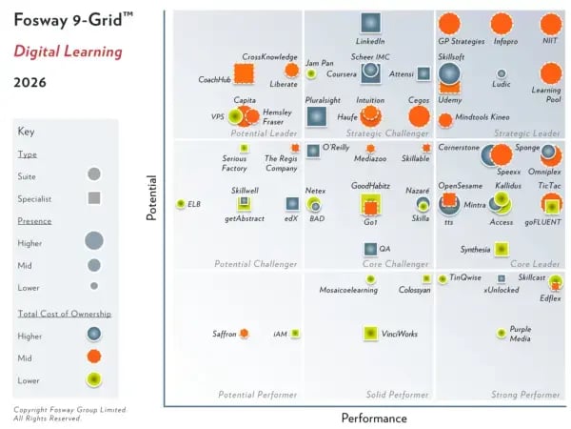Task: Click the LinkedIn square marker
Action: pyautogui.click(x=370, y=23)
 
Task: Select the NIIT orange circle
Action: pyautogui.click(x=550, y=24)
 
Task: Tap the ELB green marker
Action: pyautogui.click(x=180, y=204)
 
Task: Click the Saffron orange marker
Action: pyautogui.click(x=244, y=334)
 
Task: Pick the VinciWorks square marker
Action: pyautogui.click(x=371, y=333)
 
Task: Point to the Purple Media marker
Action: pyautogui.click(x=502, y=332)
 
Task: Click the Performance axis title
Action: pyautogui.click(x=374, y=418)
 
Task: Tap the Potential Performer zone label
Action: pyautogui.click(x=258, y=394)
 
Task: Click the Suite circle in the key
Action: pyautogui.click(x=93, y=174)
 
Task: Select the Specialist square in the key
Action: pyautogui.click(x=93, y=198)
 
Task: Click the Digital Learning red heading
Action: pyautogui.click(x=68, y=51)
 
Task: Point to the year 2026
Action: pyautogui.click(x=33, y=83)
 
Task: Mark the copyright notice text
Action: pyautogui.click(x=55, y=415)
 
